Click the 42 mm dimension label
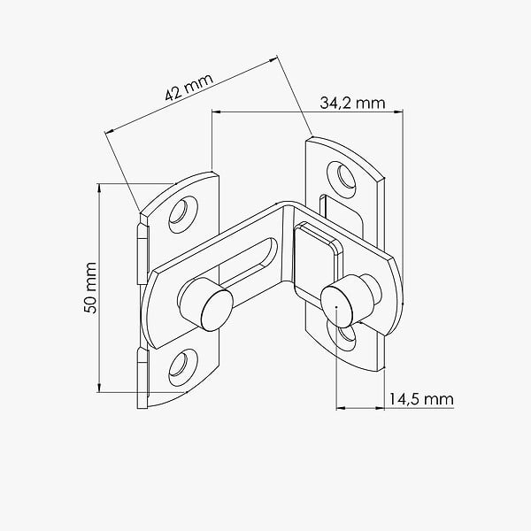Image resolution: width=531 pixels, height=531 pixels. click(189, 87)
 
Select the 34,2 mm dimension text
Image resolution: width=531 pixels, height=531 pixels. click(352, 103)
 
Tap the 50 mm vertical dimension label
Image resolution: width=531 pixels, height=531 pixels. click(91, 288)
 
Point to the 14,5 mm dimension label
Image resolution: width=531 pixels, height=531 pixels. click(420, 399)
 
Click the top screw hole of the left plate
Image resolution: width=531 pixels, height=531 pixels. click(183, 214)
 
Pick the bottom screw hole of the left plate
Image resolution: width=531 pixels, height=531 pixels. click(183, 368)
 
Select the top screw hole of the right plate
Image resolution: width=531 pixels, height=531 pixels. click(342, 178)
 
